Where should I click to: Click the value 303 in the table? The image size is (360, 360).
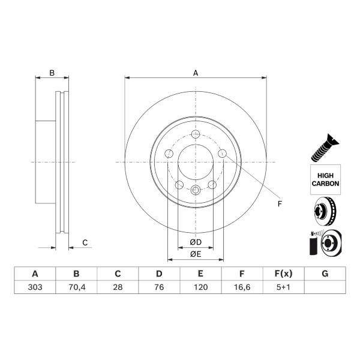(35, 287)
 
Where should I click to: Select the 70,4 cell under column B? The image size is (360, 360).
(77, 287)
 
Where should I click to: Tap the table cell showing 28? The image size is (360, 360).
(118, 287)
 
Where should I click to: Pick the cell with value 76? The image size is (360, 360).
(159, 287)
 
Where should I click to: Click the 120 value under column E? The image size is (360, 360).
(200, 287)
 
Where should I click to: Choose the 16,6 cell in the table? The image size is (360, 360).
(242, 287)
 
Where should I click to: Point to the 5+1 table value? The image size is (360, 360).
(283, 287)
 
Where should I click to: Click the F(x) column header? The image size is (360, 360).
(284, 274)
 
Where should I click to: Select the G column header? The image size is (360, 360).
(325, 274)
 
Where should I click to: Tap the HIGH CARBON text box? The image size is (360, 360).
(325, 179)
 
